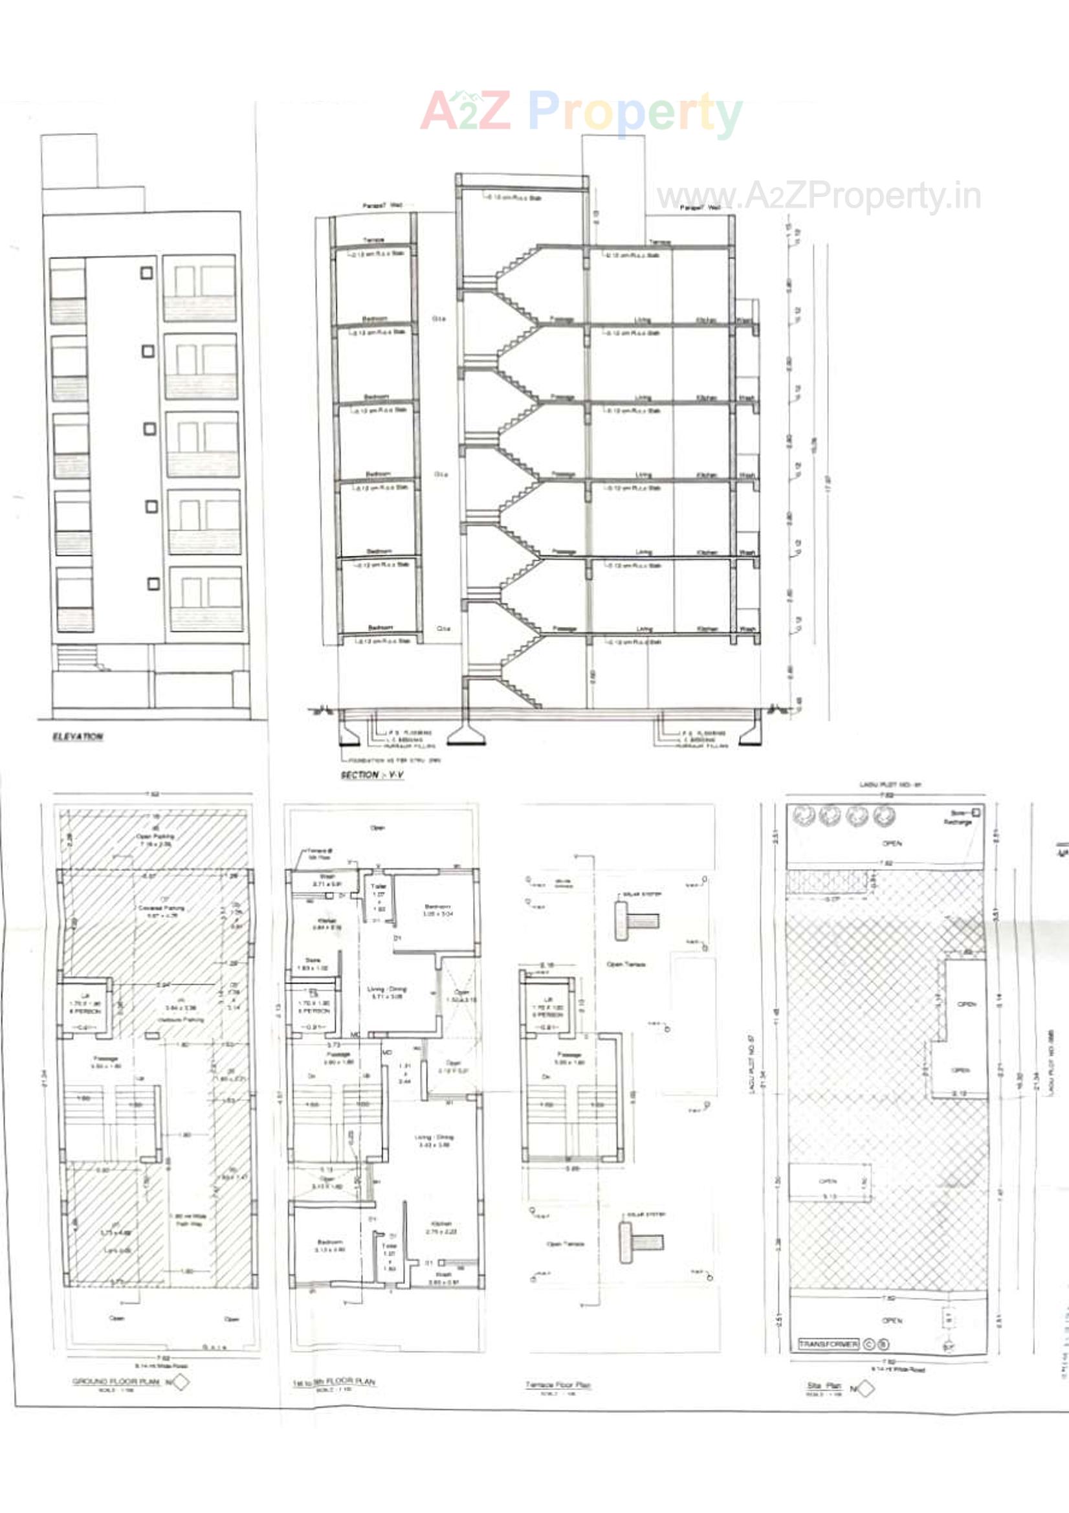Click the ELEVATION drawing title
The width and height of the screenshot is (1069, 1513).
pos(78,736)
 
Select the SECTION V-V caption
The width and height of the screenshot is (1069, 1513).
pos(371,775)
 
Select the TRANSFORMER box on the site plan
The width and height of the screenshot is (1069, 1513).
pos(828,1343)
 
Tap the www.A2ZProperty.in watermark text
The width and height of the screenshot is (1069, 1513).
pos(819,196)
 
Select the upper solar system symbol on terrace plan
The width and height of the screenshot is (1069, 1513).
pos(636,920)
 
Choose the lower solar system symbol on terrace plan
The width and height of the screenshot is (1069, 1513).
pos(641,1241)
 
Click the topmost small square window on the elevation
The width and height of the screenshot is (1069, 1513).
pos(147,273)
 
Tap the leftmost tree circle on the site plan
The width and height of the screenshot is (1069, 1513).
pos(804,816)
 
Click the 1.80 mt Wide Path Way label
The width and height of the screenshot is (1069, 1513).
pos(191,1220)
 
